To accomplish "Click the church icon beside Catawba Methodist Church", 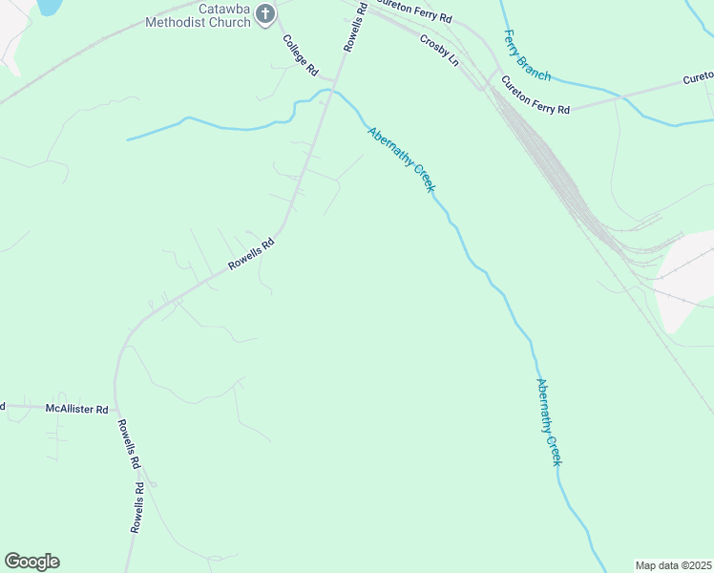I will (x=265, y=14).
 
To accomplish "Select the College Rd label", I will (x=299, y=55).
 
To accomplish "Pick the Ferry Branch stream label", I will (x=526, y=54).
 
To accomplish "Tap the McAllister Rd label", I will (x=76, y=408).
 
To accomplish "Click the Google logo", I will (x=31, y=562).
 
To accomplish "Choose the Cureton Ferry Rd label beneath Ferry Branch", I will (x=535, y=95).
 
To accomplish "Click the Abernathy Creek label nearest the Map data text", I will (x=548, y=422).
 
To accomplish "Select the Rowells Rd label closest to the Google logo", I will (x=137, y=507).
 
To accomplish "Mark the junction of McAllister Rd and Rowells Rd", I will (x=115, y=407).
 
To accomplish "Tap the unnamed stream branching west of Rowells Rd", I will (x=210, y=124).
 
